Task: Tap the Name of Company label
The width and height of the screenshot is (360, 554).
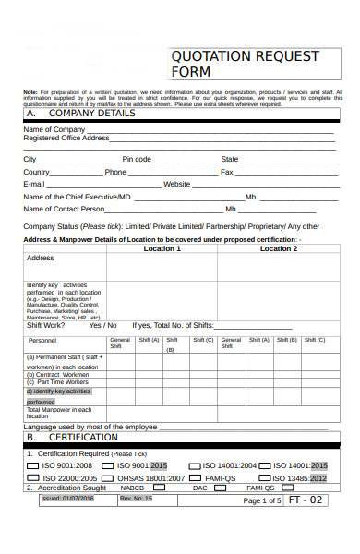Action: [54, 129]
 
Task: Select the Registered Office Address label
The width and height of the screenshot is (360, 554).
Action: [66, 138]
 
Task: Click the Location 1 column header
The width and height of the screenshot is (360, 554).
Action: [162, 248]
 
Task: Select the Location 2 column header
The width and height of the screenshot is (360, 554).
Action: [278, 248]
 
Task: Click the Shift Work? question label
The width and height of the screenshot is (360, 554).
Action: [46, 325]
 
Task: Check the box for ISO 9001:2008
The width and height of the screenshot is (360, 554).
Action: [31, 465]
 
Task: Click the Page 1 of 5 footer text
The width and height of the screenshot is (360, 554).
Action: [261, 500]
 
